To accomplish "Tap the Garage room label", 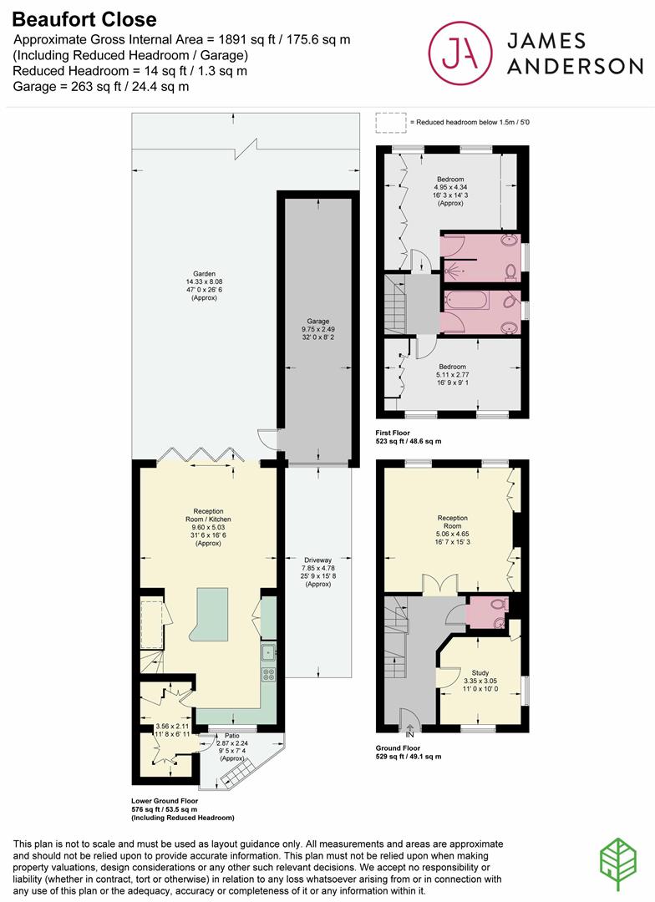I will click(317, 321).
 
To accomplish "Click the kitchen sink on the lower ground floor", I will click(269, 652).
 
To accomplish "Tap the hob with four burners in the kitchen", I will click(270, 673).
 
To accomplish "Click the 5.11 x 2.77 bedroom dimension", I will click(453, 376).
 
